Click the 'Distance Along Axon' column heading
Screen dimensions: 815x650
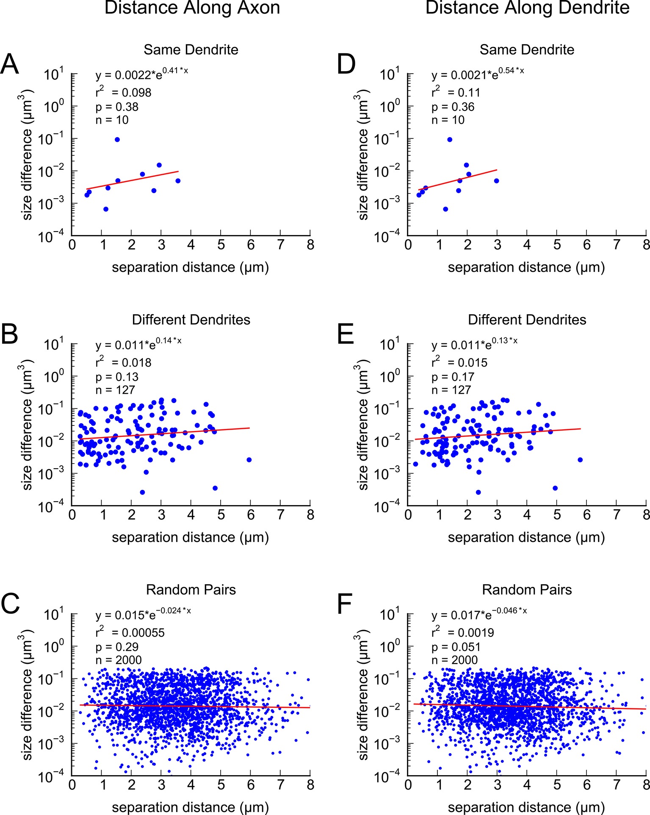[192, 8]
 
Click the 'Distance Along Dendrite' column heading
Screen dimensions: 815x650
[527, 8]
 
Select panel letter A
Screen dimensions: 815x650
[10, 65]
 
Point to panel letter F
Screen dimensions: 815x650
[346, 604]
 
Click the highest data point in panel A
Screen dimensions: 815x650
[117, 140]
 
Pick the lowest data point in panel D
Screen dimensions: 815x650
[445, 209]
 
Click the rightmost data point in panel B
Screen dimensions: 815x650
[249, 460]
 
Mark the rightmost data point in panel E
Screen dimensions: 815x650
[580, 460]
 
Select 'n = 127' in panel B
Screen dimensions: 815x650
[115, 390]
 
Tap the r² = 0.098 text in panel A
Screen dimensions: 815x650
[123, 92]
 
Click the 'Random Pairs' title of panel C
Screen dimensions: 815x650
[191, 590]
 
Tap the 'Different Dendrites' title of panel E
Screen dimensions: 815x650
[527, 320]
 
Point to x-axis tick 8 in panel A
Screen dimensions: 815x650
[310, 245]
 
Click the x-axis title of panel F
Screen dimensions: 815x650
[526, 807]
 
